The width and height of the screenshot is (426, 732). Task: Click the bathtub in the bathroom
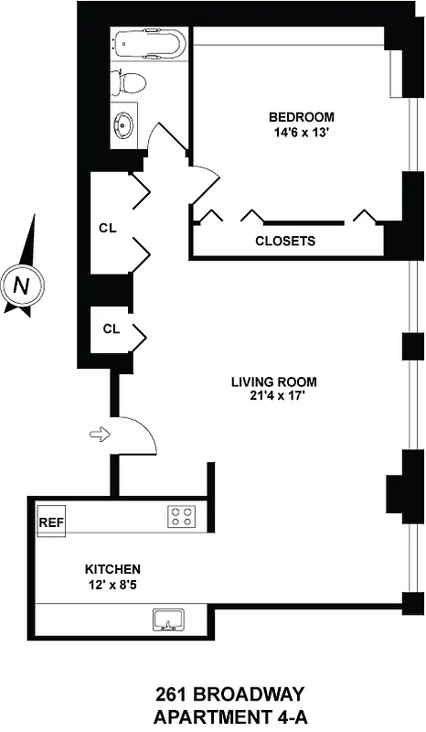click(x=148, y=44)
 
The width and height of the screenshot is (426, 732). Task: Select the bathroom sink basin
click(x=124, y=125)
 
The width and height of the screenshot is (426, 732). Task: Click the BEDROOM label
click(x=301, y=117)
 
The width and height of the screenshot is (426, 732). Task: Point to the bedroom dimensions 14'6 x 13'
click(x=301, y=134)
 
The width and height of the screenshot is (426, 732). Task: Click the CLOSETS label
click(x=285, y=242)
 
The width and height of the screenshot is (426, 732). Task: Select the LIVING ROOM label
click(x=273, y=382)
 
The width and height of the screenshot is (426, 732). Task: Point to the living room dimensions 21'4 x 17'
click(x=273, y=398)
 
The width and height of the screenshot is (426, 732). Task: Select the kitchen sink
click(x=169, y=622)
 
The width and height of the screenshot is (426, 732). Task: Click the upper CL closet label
click(x=108, y=228)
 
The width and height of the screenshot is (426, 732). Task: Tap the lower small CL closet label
click(x=112, y=328)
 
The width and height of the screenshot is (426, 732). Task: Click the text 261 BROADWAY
click(x=212, y=695)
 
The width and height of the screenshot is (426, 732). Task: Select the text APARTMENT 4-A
click(x=212, y=716)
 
